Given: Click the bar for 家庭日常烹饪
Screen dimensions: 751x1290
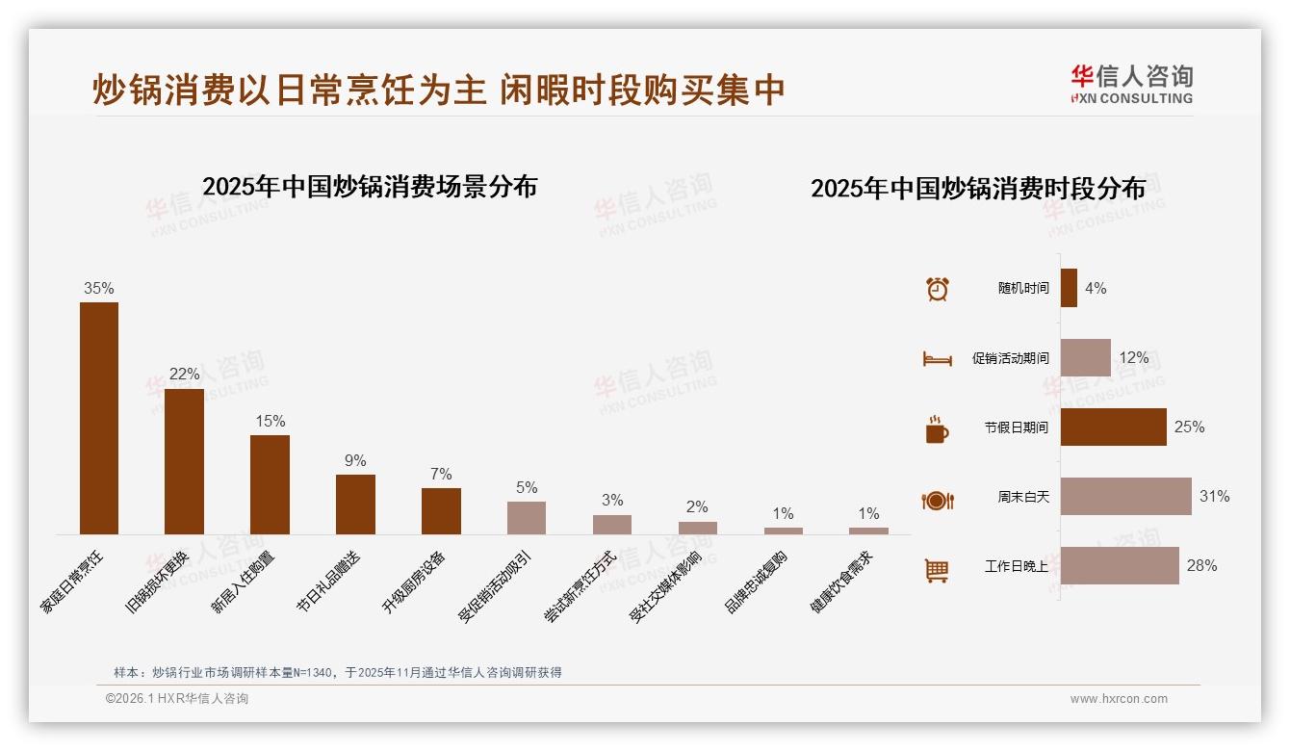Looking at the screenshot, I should [99, 418].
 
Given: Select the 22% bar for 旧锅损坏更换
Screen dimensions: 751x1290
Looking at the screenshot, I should [184, 461].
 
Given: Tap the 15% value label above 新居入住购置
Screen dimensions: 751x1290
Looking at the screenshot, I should [271, 422].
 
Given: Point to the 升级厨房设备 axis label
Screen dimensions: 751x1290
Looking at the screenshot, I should [415, 583].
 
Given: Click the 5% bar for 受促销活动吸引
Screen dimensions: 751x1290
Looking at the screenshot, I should [527, 518].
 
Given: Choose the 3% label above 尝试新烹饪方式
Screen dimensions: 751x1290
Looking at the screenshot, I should [612, 501].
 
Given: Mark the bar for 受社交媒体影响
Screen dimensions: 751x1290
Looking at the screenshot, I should [698, 528].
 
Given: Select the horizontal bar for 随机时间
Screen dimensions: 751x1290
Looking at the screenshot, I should [1069, 288].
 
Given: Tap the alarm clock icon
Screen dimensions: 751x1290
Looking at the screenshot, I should [937, 289].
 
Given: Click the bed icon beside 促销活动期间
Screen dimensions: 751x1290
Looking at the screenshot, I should [937, 358].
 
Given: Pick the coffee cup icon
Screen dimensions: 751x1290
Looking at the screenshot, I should [937, 428].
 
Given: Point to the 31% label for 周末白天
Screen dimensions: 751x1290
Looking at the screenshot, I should [1214, 497].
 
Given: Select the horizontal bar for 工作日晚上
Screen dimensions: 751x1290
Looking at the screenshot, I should [1120, 566].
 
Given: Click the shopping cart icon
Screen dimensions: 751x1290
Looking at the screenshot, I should [937, 570].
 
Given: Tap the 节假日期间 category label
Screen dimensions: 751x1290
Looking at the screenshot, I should [1016, 427].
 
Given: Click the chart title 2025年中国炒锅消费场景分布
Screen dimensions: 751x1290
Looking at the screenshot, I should [370, 187].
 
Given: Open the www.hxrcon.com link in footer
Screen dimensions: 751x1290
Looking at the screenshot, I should [1119, 699].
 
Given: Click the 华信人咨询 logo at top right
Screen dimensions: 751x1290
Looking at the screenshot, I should [1131, 84].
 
